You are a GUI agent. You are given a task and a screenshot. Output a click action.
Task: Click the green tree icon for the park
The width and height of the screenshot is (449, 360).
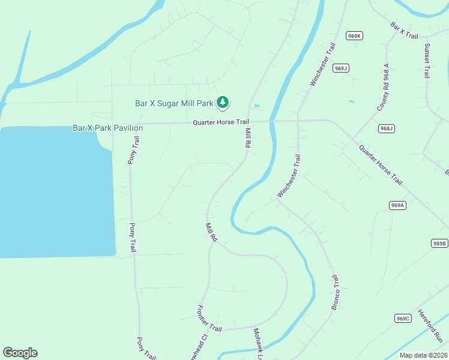223,103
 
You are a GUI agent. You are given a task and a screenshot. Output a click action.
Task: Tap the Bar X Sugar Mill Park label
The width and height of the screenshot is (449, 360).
174,103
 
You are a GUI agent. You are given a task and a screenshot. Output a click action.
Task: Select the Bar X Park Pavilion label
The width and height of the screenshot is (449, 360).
107,128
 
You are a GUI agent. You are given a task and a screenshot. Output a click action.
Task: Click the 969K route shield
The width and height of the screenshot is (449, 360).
355,36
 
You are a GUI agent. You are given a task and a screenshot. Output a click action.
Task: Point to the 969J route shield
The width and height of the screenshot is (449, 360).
341,68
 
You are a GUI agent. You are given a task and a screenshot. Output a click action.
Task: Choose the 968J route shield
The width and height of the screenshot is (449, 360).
387,128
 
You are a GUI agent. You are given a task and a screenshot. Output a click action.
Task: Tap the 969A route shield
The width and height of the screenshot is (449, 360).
398,205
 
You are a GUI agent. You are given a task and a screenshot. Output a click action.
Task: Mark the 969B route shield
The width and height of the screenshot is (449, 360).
439,243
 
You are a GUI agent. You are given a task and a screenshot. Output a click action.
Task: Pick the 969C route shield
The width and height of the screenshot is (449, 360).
403,318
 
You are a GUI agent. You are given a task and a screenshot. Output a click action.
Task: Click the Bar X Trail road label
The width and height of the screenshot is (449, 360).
404,31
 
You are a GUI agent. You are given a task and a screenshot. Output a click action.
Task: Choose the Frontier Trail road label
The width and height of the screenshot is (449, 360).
209,319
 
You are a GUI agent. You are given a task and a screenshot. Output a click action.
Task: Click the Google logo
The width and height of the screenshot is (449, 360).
20,353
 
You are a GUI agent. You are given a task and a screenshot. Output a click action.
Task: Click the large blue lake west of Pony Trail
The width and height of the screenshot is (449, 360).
57,192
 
